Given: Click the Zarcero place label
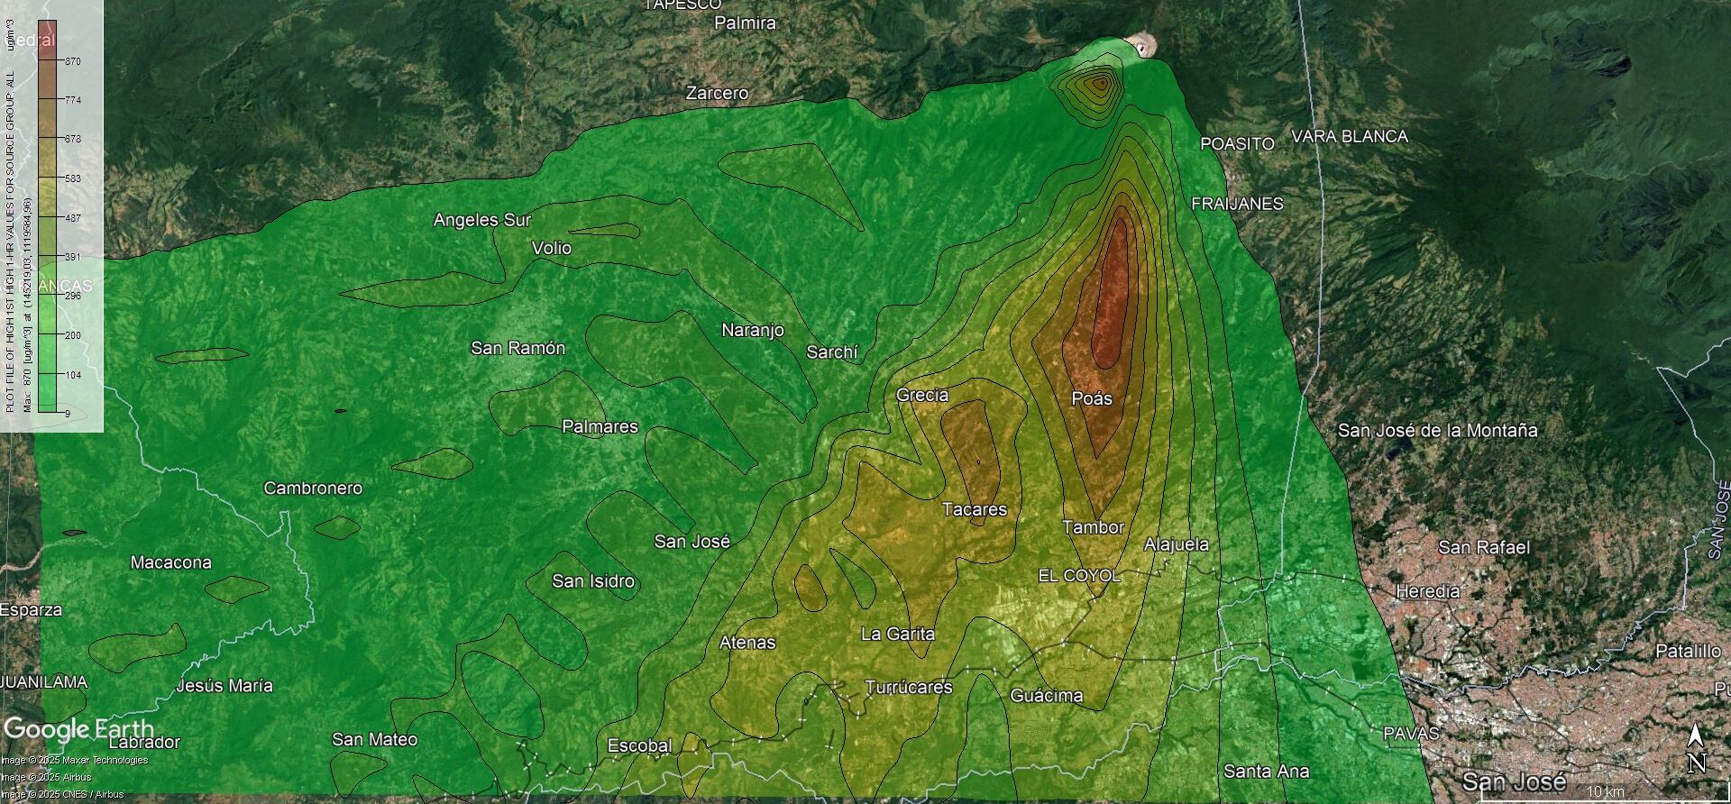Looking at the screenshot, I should coord(717,93).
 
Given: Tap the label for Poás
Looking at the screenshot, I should coord(1091,398).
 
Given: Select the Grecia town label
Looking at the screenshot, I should coord(921,395).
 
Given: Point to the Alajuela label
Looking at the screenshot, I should coord(1176,544).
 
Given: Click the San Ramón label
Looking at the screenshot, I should coord(517,348).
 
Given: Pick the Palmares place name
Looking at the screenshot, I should coord(600,426).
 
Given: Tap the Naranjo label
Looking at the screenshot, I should coord(752,331).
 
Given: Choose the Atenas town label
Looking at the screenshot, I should coord(746,643).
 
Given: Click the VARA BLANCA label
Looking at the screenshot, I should coord(1349,136).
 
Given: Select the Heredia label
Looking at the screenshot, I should coord(1427,591).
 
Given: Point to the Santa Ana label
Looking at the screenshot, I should coord(1266,771).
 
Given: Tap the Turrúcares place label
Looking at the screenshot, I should coord(908,687).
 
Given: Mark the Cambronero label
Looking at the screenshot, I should coord(312,488).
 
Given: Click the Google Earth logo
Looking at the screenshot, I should coord(78,728).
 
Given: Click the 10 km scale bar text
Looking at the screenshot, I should coord(1605,791).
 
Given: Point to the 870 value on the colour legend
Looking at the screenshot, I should coord(72,61).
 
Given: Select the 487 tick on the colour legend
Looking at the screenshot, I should coord(72,218).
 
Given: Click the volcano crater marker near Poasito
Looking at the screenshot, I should coord(1142,46).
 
